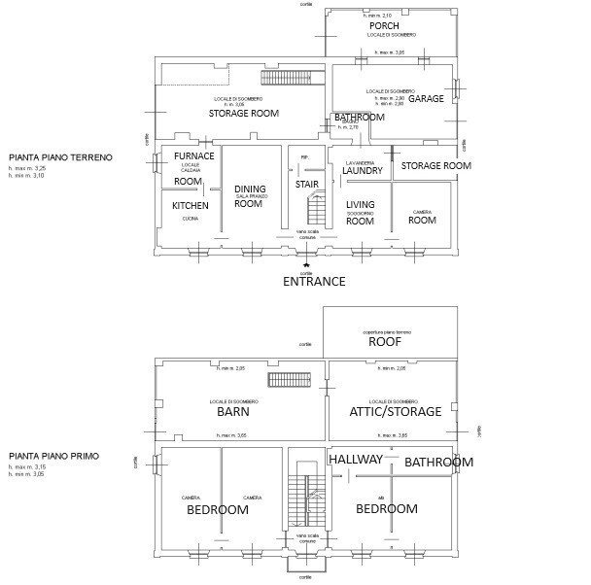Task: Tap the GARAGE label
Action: tap(426, 99)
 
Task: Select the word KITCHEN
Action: tap(190, 206)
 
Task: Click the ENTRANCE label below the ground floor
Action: tap(314, 282)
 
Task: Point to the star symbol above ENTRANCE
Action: tap(308, 264)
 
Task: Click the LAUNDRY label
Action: tap(364, 171)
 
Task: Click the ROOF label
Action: tap(384, 342)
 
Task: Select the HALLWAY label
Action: tap(356, 459)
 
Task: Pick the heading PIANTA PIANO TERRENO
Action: tap(60, 156)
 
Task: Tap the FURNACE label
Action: tap(193, 156)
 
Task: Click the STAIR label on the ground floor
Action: tap(307, 184)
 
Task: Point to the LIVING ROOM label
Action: tap(360, 213)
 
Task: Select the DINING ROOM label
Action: tap(249, 196)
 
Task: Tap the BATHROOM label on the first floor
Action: tap(438, 462)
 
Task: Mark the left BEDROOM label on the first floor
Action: tap(217, 509)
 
